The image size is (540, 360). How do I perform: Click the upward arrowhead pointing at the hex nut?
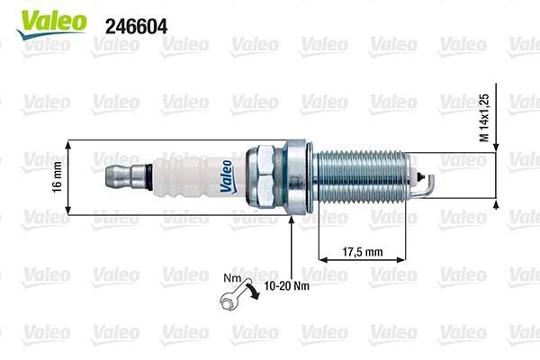(291, 225)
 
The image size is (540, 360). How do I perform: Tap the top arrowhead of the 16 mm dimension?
(68, 143)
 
